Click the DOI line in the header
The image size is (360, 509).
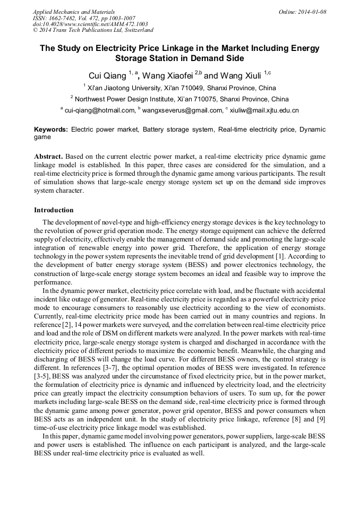(x=90, y=24)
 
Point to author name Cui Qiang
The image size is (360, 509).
(x=106, y=75)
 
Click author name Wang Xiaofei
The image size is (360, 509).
(x=167, y=75)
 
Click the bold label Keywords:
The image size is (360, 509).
(x=51, y=130)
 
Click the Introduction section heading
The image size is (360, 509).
(x=54, y=210)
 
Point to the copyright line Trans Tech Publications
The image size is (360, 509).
(x=92, y=31)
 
